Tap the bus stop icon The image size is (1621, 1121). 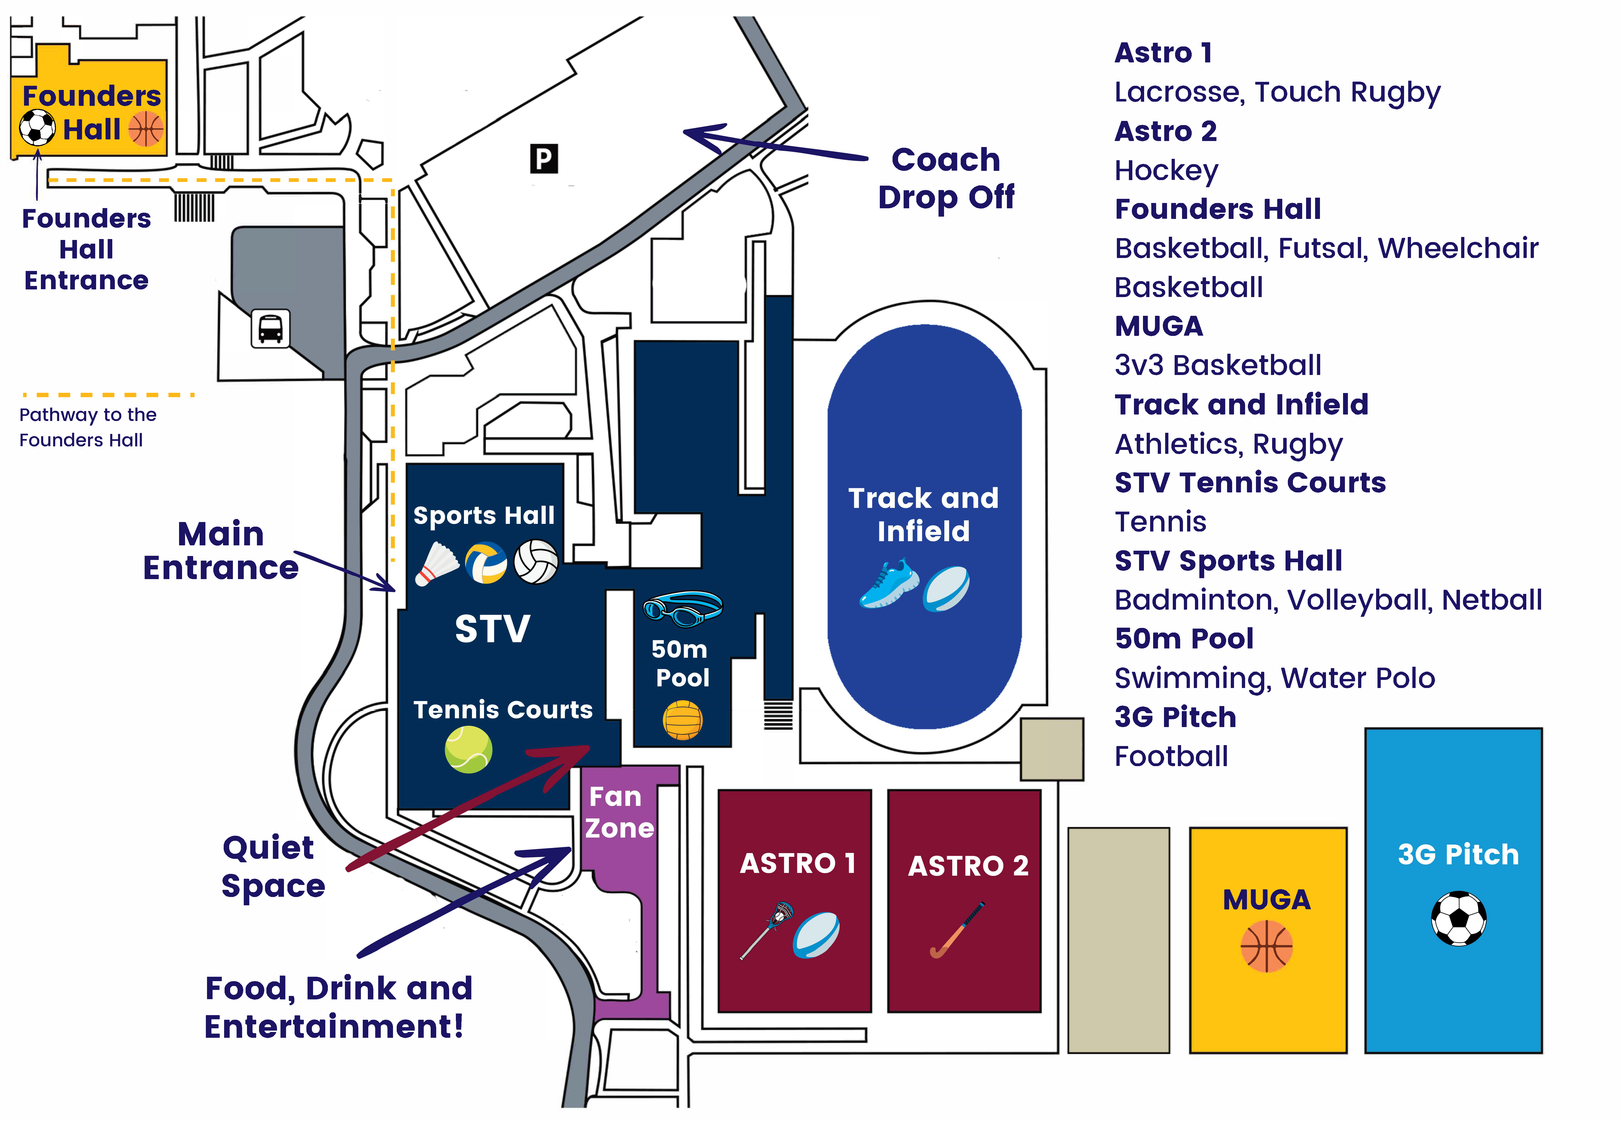(270, 328)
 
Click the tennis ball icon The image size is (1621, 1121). (468, 749)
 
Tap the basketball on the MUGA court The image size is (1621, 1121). (1267, 948)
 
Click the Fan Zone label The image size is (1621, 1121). (619, 813)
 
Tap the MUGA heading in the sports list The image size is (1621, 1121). (1159, 327)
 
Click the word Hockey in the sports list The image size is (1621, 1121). (1166, 171)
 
